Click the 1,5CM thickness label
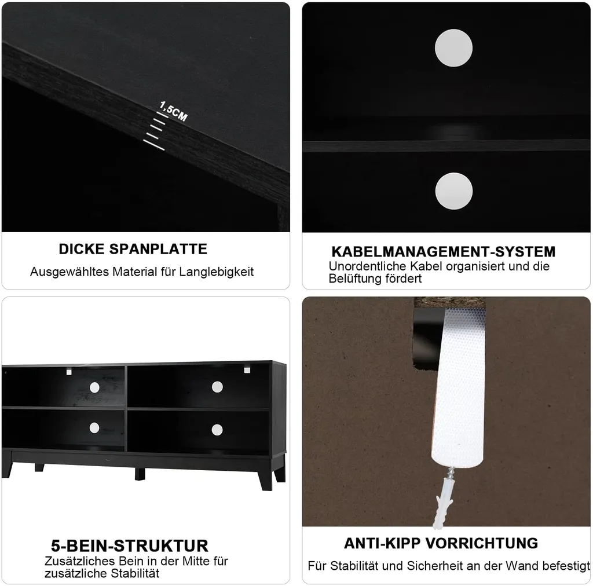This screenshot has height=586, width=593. point(174,111)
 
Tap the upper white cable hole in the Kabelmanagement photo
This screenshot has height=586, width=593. point(453,48)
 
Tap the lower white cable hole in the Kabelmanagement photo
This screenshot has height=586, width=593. point(454,191)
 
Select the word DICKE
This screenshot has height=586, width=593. point(81,249)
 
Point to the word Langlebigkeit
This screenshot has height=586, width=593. point(217,272)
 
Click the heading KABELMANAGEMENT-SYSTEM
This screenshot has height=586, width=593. point(443,252)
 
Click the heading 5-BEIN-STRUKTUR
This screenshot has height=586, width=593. point(129,545)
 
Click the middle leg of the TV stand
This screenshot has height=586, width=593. point(140,474)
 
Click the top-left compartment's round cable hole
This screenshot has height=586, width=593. point(94,387)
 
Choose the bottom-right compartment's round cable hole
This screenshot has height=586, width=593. point(217,430)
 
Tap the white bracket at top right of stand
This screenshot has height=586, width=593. point(247,370)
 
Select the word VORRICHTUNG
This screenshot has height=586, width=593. point(481,543)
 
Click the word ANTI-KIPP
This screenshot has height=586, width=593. point(382,543)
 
